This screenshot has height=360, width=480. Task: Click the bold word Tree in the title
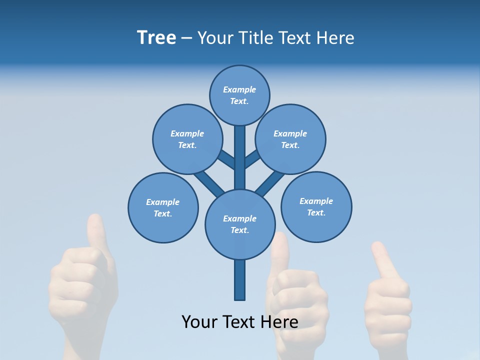click(x=156, y=37)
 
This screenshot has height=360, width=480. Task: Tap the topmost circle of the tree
click(x=239, y=95)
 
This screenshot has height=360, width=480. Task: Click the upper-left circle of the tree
click(x=187, y=139)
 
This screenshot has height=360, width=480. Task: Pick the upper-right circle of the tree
click(x=290, y=139)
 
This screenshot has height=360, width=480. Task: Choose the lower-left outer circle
click(x=163, y=207)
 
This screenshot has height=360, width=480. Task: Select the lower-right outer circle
click(x=316, y=206)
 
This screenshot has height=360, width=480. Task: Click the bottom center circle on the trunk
click(x=239, y=224)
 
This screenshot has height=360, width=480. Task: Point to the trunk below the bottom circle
click(x=239, y=280)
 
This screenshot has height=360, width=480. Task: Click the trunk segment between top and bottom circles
click(x=239, y=157)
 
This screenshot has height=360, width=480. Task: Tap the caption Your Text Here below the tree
click(x=239, y=322)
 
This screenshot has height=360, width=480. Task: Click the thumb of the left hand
click(x=95, y=232)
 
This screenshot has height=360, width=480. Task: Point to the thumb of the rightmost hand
click(x=382, y=260)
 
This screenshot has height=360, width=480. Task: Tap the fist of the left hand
click(x=82, y=285)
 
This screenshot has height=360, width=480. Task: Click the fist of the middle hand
click(x=295, y=300)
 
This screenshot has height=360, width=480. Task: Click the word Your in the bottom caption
click(x=200, y=322)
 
